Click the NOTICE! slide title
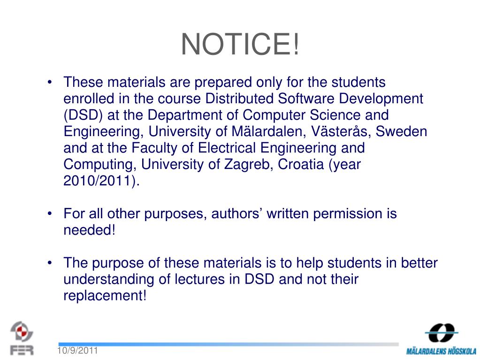click(x=240, y=45)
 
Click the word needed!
click(x=89, y=230)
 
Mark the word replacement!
click(x=105, y=296)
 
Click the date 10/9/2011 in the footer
click(x=77, y=351)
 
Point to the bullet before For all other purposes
click(x=50, y=214)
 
